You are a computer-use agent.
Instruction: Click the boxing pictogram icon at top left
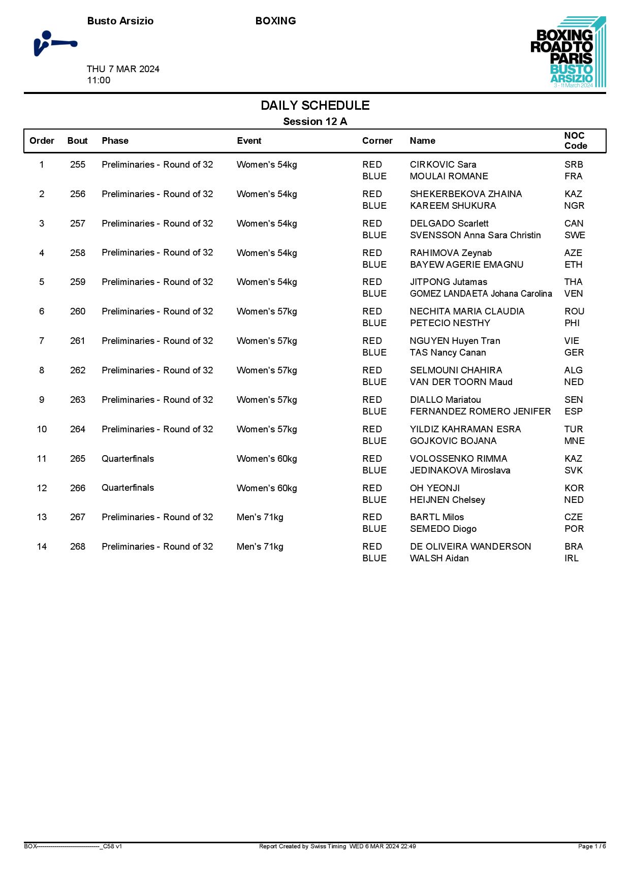tap(55, 44)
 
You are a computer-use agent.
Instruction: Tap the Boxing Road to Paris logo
tap(568, 52)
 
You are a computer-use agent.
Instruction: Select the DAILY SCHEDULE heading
tap(315, 106)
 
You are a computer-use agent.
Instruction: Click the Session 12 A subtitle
tap(315, 121)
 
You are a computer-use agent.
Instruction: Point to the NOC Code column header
tap(575, 141)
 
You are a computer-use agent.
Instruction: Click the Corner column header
tap(377, 141)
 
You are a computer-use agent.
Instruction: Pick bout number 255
tap(78, 165)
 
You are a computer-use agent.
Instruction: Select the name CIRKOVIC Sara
tap(443, 165)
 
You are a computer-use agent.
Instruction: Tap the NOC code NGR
tap(574, 206)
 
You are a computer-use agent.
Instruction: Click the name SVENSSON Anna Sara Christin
tap(475, 235)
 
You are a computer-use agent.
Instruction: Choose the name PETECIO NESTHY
tap(450, 323)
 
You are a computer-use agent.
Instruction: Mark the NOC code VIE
tap(572, 341)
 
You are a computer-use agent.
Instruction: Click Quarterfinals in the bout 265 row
tap(128, 459)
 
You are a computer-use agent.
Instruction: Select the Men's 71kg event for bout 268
tap(260, 547)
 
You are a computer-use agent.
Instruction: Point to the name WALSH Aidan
tap(439, 558)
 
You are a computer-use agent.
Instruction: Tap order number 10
tap(42, 429)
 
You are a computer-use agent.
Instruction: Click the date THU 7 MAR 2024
tap(123, 69)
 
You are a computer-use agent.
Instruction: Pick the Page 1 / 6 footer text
tap(591, 846)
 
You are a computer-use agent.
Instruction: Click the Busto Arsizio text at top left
tap(120, 21)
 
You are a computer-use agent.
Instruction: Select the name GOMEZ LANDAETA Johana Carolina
tap(481, 294)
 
